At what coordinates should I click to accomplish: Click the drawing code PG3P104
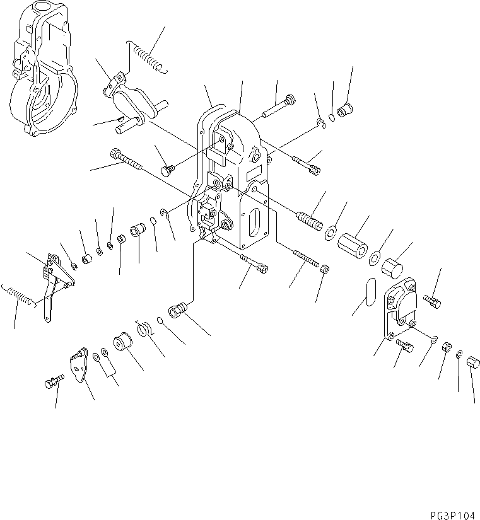pos(450,514)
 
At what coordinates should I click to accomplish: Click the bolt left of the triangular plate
pos(54,382)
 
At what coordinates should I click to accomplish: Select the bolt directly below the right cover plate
pos(404,345)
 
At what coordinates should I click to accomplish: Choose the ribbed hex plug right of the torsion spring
pos(177,311)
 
